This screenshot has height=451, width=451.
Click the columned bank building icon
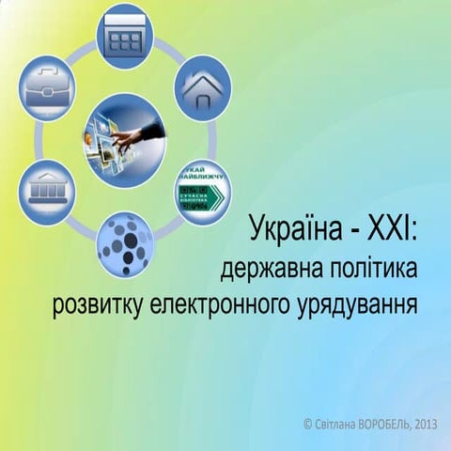pyautogui.click(x=47, y=189)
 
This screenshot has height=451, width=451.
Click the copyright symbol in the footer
pyautogui.click(x=309, y=425)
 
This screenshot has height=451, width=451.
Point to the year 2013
pyautogui.click(x=425, y=425)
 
